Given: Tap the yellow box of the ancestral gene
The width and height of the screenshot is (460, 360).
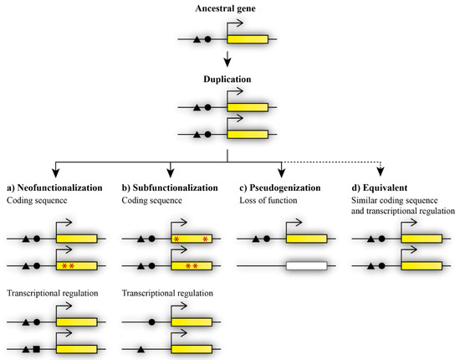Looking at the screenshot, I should tap(248, 39).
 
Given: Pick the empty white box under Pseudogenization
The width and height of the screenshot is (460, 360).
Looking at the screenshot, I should tap(306, 265).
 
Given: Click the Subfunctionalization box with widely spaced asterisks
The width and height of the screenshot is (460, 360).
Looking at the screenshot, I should tap(191, 239).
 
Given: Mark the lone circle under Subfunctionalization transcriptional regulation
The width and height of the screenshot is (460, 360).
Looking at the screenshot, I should tap(151, 321).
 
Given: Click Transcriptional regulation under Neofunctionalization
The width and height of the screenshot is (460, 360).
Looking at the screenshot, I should tap(54, 293).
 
